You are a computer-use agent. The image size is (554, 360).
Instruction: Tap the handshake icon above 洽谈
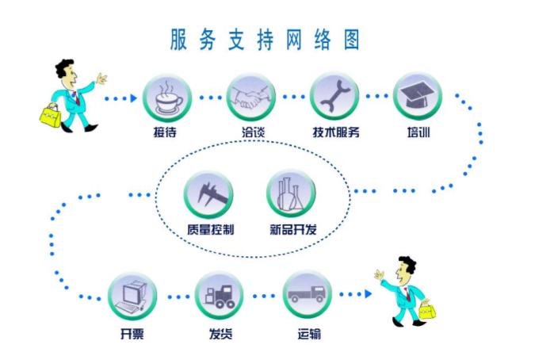(251, 97)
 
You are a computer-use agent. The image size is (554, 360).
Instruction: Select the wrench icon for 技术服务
(334, 96)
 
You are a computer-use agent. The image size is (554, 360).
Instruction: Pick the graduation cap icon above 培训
(418, 96)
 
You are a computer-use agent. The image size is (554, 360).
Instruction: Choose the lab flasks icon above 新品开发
(291, 193)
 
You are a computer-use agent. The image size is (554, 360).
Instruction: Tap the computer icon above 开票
(132, 297)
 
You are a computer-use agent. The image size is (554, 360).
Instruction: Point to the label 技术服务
(336, 132)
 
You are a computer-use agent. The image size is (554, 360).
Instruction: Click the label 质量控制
(211, 230)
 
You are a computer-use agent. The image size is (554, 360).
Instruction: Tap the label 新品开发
(293, 229)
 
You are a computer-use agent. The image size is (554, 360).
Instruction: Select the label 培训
(418, 132)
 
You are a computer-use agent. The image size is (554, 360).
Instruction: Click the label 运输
(309, 334)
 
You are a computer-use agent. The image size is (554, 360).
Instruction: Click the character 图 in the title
(352, 40)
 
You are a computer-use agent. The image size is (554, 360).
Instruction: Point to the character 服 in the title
(178, 40)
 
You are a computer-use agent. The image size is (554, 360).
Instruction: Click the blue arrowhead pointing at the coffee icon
(134, 98)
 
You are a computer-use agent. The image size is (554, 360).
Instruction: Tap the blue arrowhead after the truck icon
(369, 294)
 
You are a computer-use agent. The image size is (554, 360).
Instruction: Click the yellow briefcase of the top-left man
(50, 116)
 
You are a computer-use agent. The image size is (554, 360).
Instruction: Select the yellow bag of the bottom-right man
(427, 310)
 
